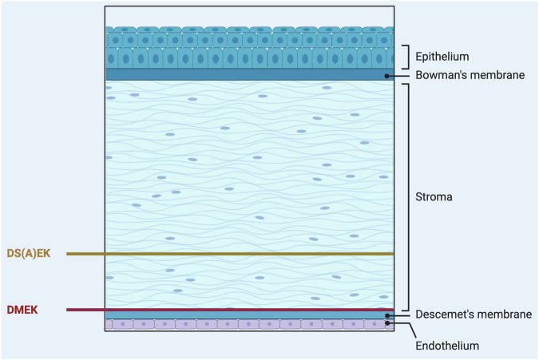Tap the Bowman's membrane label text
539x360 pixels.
pos(470,76)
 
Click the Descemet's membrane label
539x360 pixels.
pos(474,315)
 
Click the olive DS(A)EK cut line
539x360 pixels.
pos(240,254)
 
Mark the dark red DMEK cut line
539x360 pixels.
pos(240,310)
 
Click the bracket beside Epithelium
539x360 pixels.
pos(409,56)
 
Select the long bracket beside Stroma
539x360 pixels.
pos(410,196)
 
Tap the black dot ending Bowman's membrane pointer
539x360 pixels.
pos(387,76)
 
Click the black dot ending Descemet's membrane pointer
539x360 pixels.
pos(387,316)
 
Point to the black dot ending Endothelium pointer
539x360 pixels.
pos(388,325)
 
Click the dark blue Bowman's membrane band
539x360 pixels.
pos(240,74)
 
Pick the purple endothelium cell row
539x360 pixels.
pos(240,325)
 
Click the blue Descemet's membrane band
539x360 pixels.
pos(240,316)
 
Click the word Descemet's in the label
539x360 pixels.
pos(444,315)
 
